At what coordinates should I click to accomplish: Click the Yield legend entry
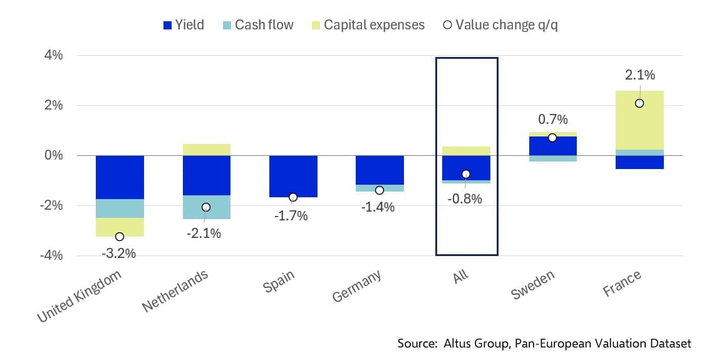click(183, 26)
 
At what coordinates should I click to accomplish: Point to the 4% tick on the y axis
click(53, 55)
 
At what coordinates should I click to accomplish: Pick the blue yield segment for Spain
click(293, 176)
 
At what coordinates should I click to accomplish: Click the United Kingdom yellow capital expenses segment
click(120, 227)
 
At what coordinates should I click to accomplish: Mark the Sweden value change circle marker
click(552, 138)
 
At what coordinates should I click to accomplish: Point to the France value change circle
click(639, 103)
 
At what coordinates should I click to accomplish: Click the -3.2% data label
click(120, 253)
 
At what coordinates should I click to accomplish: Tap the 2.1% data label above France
click(639, 75)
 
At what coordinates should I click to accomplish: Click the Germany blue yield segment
click(380, 170)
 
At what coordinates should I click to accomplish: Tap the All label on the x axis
click(462, 275)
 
